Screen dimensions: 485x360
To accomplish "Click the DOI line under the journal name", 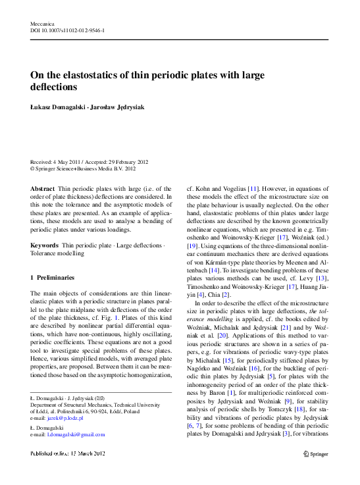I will [66, 31].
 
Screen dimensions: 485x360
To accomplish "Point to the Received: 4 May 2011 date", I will [57, 161].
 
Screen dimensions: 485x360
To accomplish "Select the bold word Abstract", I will [43, 188].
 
